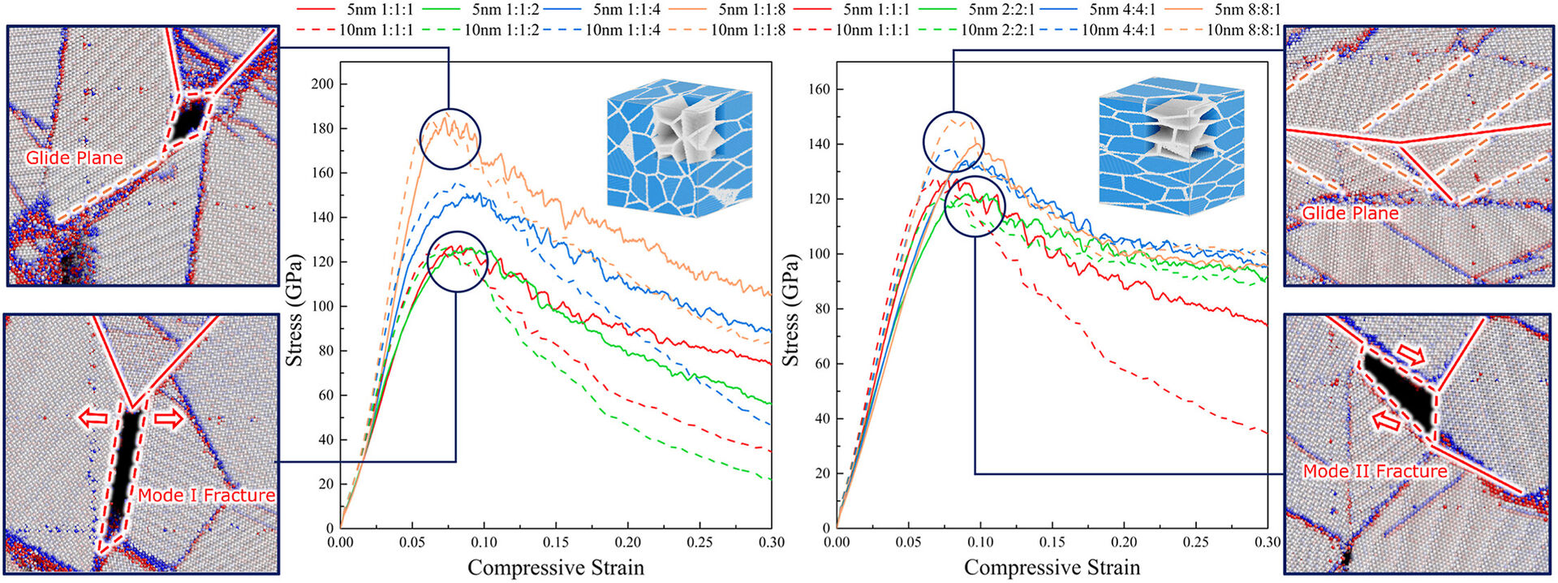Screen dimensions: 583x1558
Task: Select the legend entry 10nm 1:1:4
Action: [622, 30]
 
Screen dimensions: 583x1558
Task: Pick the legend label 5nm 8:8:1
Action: [1247, 11]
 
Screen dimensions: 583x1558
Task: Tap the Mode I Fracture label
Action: [206, 495]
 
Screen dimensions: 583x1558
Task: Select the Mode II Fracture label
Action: [1375, 471]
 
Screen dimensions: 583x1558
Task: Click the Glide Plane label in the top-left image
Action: [74, 158]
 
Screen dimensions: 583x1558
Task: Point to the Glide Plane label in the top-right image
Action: [1350, 214]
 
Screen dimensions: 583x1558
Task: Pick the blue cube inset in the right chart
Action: [1172, 148]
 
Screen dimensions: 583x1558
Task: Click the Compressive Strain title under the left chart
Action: [556, 568]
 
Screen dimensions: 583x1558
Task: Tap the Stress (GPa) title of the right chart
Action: [790, 310]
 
